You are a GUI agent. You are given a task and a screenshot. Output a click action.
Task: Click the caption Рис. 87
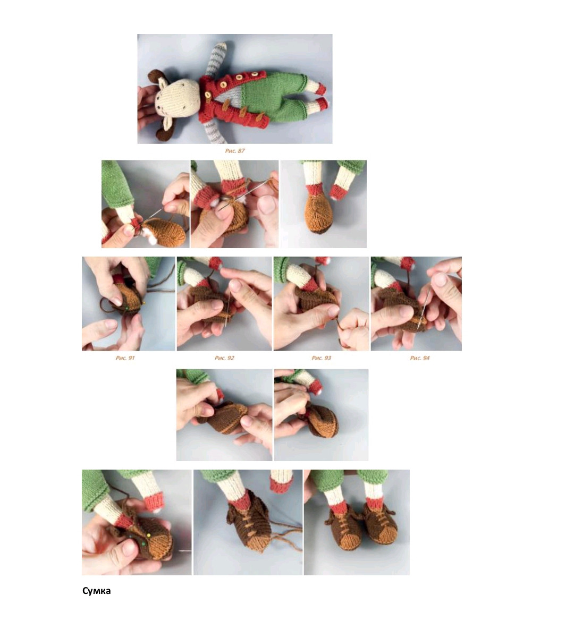(x=234, y=151)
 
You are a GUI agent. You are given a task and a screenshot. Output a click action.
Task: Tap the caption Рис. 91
(x=125, y=358)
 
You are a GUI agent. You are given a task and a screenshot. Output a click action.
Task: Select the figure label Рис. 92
(x=224, y=358)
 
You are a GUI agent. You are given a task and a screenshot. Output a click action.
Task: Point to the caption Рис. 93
(x=321, y=358)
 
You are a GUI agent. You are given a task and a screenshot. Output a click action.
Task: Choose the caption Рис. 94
(x=419, y=358)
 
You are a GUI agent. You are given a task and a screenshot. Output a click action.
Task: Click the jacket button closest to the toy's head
(x=208, y=95)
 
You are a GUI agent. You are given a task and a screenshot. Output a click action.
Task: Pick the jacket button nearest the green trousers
(x=255, y=74)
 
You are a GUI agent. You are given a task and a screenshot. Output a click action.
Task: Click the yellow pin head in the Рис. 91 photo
(x=145, y=302)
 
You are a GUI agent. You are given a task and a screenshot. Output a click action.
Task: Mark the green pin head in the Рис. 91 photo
(x=126, y=308)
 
